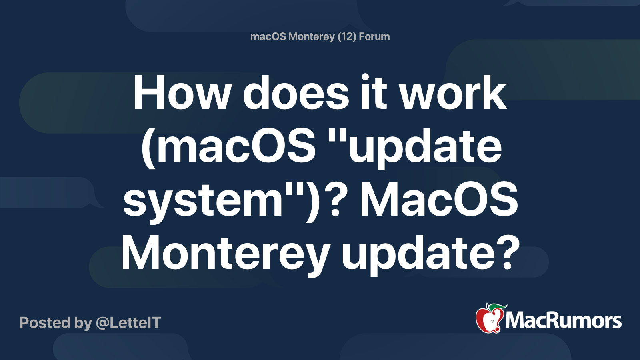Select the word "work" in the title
(453, 93)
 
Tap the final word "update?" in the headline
(430, 253)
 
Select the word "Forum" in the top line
(374, 36)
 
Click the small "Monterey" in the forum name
(311, 36)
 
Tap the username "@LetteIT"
(128, 323)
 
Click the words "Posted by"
(56, 323)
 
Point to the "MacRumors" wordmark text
(563, 321)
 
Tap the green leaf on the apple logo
(497, 307)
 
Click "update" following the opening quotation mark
(426, 146)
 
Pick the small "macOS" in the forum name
(268, 36)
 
